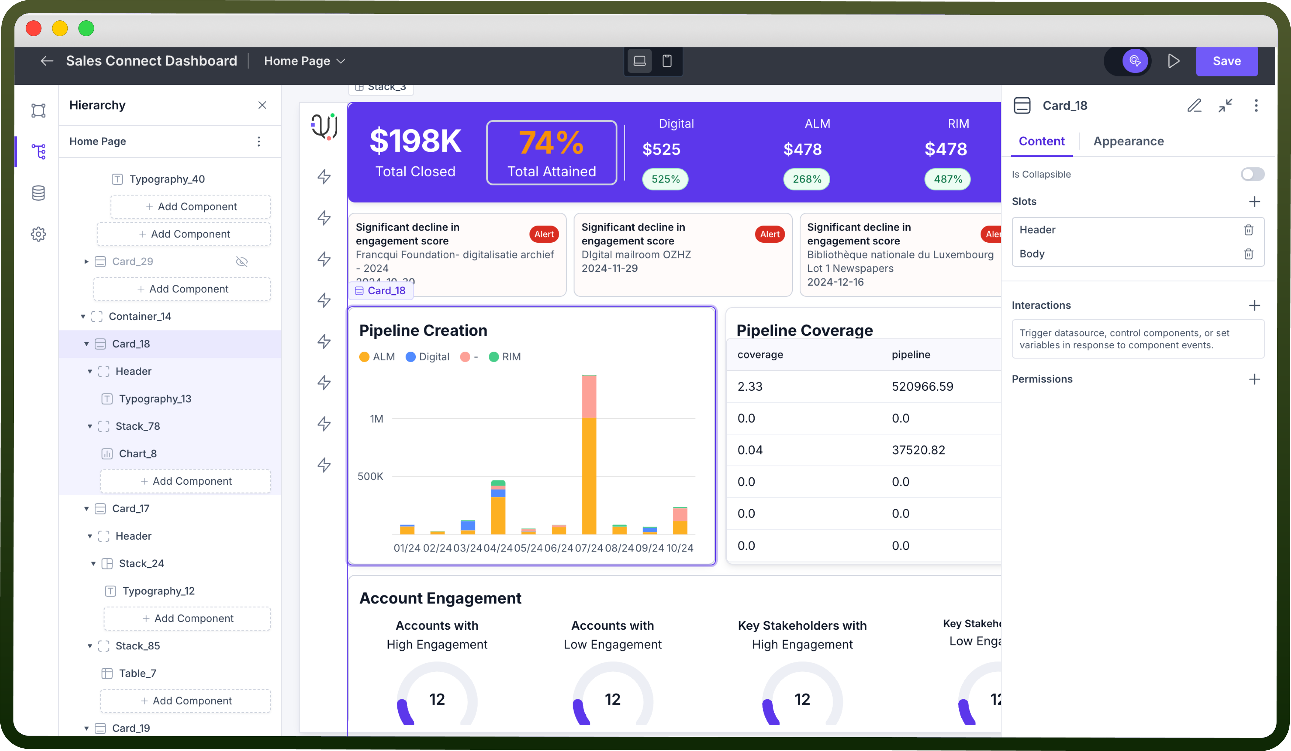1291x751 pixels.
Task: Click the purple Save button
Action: click(x=1227, y=61)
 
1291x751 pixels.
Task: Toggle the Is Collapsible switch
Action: click(x=1252, y=174)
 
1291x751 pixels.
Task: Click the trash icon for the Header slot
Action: click(x=1249, y=230)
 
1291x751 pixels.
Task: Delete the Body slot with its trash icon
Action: click(x=1249, y=254)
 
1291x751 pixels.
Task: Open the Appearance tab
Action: click(x=1129, y=141)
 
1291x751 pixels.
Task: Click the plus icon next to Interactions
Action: click(x=1254, y=305)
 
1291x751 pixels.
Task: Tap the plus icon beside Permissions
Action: click(x=1254, y=379)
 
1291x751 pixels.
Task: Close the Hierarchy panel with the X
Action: click(x=262, y=105)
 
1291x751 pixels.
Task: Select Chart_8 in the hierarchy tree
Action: click(x=137, y=454)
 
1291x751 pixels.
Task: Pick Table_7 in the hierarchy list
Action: click(x=137, y=673)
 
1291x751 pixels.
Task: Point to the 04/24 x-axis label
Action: click(x=498, y=548)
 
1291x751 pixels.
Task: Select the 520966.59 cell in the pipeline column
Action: click(x=922, y=387)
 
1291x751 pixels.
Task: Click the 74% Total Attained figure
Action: click(x=551, y=142)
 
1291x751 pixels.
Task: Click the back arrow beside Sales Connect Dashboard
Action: click(x=47, y=61)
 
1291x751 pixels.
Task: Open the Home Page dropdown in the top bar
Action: click(x=305, y=61)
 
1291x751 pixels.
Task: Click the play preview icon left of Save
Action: click(x=1174, y=61)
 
